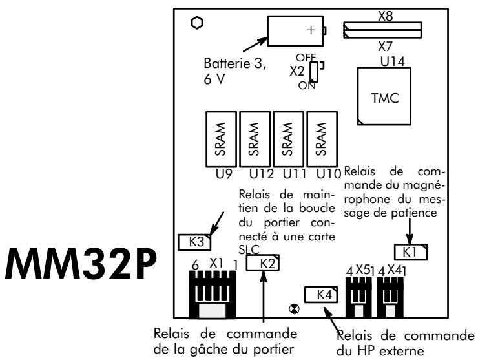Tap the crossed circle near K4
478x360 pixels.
tap(295, 311)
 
